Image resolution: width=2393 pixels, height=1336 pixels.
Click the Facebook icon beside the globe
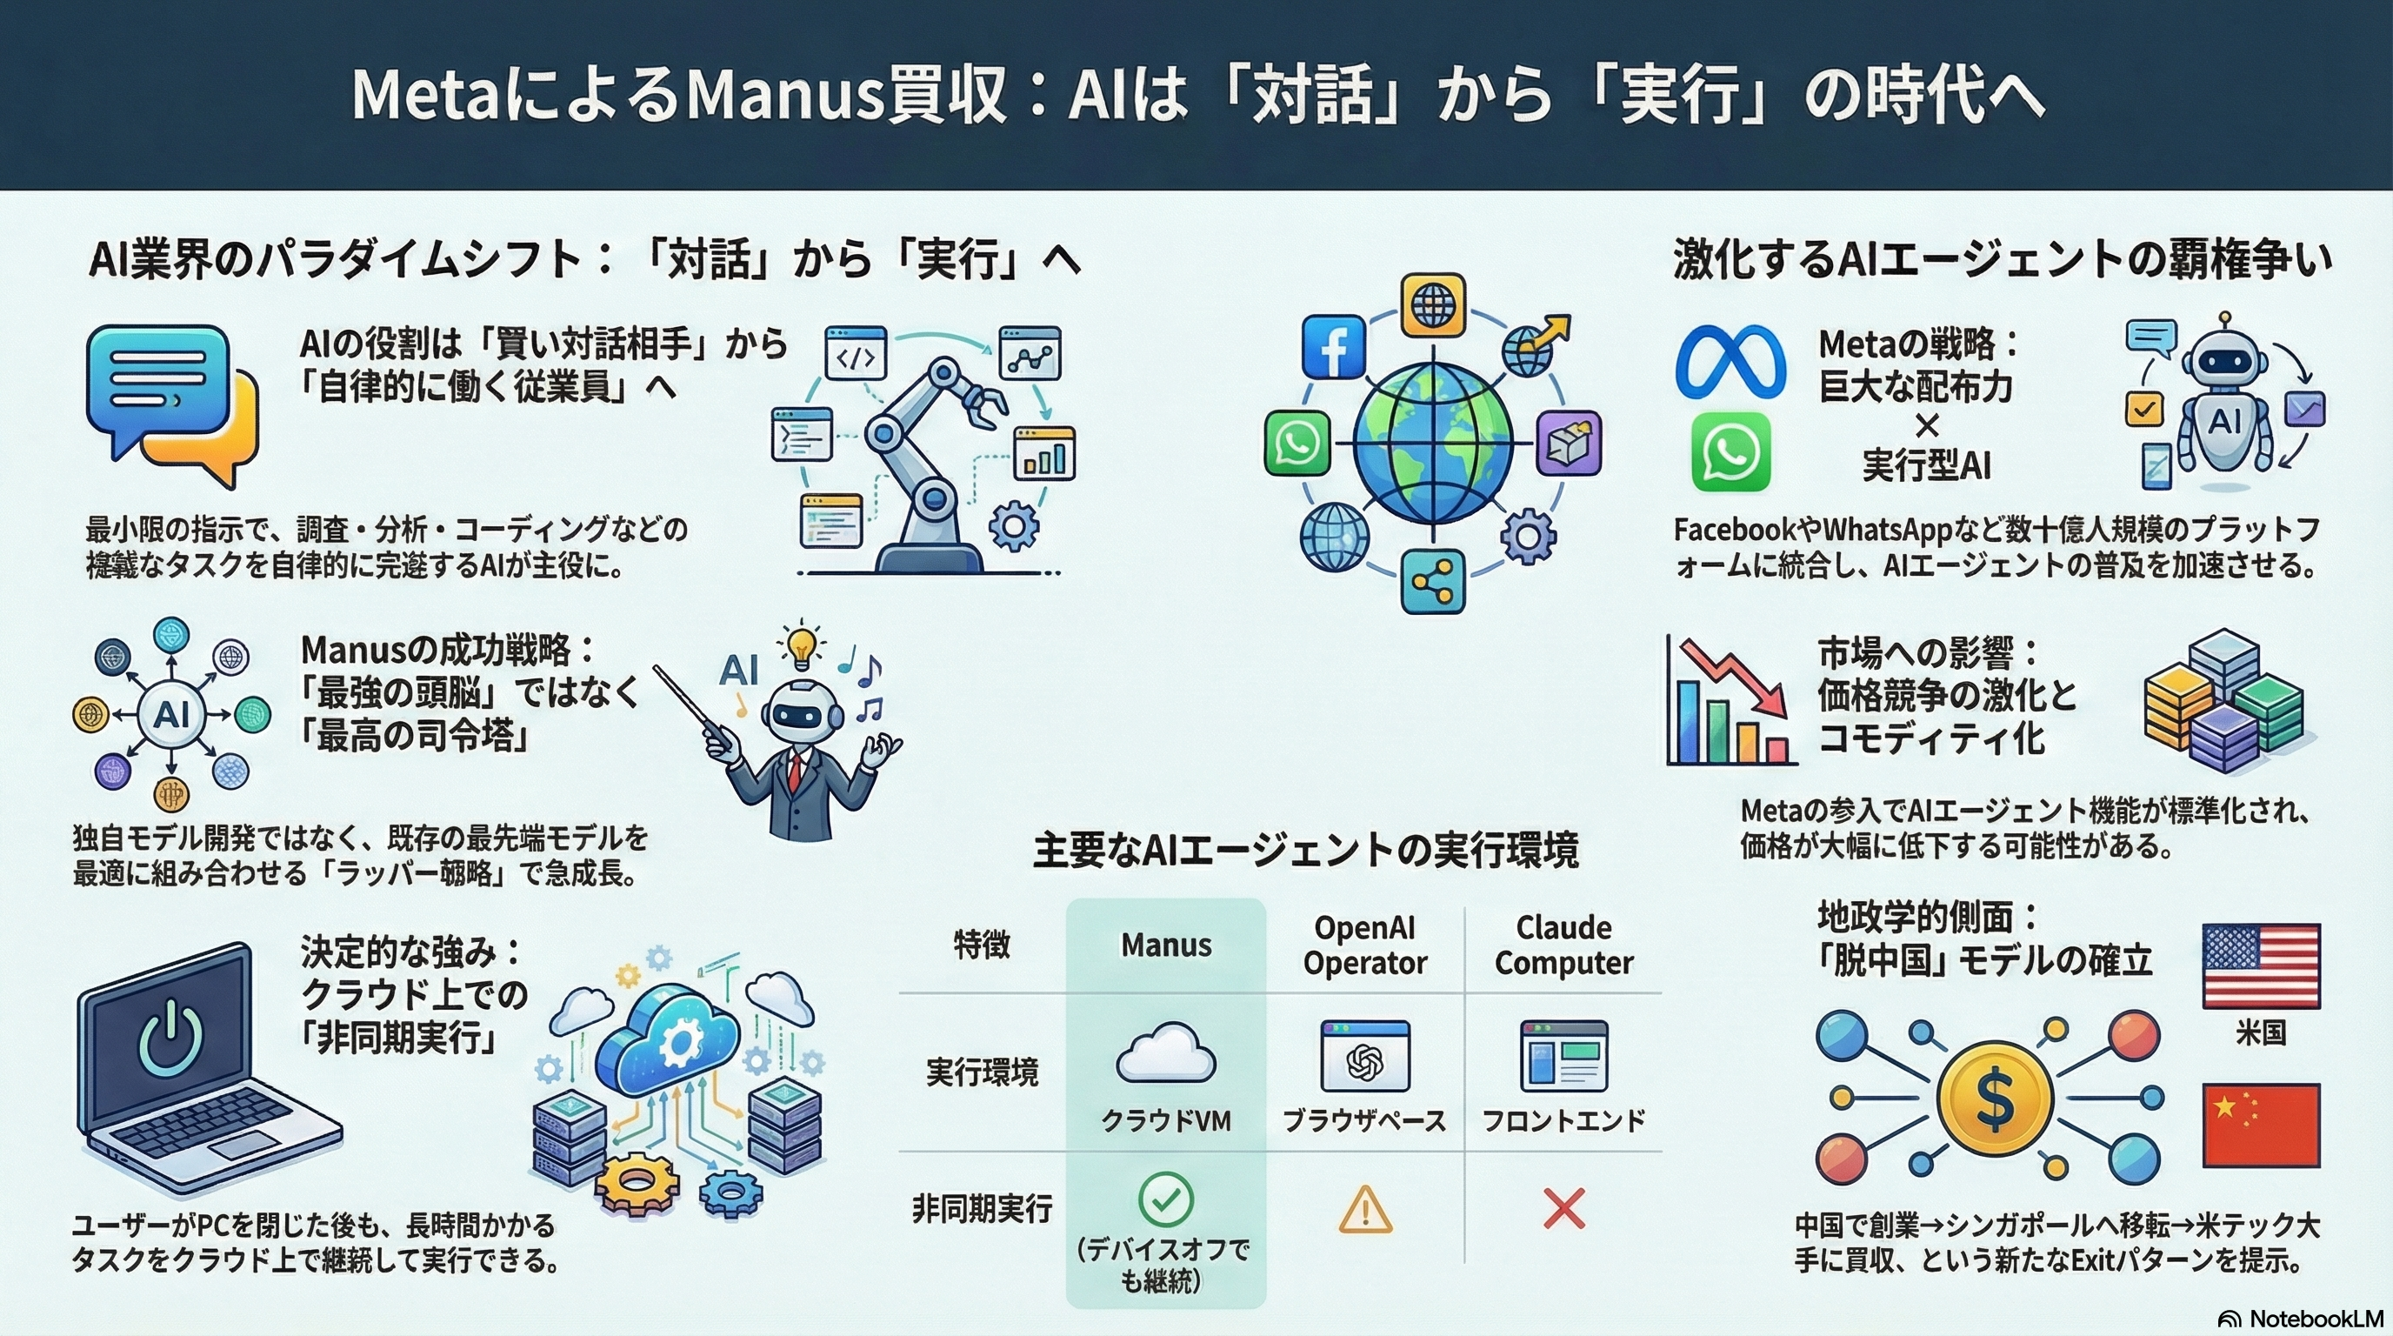[1333, 345]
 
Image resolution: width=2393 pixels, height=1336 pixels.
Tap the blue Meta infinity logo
[1730, 363]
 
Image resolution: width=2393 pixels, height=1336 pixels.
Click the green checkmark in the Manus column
[1165, 1199]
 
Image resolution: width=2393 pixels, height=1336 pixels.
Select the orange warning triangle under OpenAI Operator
[1364, 1211]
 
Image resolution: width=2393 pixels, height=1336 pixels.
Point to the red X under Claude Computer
[1563, 1210]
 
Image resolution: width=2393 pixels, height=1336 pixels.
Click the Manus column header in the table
[1166, 945]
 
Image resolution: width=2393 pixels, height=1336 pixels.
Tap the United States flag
[2260, 965]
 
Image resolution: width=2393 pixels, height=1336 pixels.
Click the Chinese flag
[2260, 1124]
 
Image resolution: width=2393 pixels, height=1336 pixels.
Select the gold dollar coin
[1994, 1099]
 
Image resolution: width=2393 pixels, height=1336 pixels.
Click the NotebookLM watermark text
[2316, 1319]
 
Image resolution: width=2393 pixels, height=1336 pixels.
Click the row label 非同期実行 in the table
[982, 1209]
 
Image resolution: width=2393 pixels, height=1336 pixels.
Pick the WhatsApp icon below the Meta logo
[1730, 452]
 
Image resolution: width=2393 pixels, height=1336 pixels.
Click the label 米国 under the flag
[2260, 1032]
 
